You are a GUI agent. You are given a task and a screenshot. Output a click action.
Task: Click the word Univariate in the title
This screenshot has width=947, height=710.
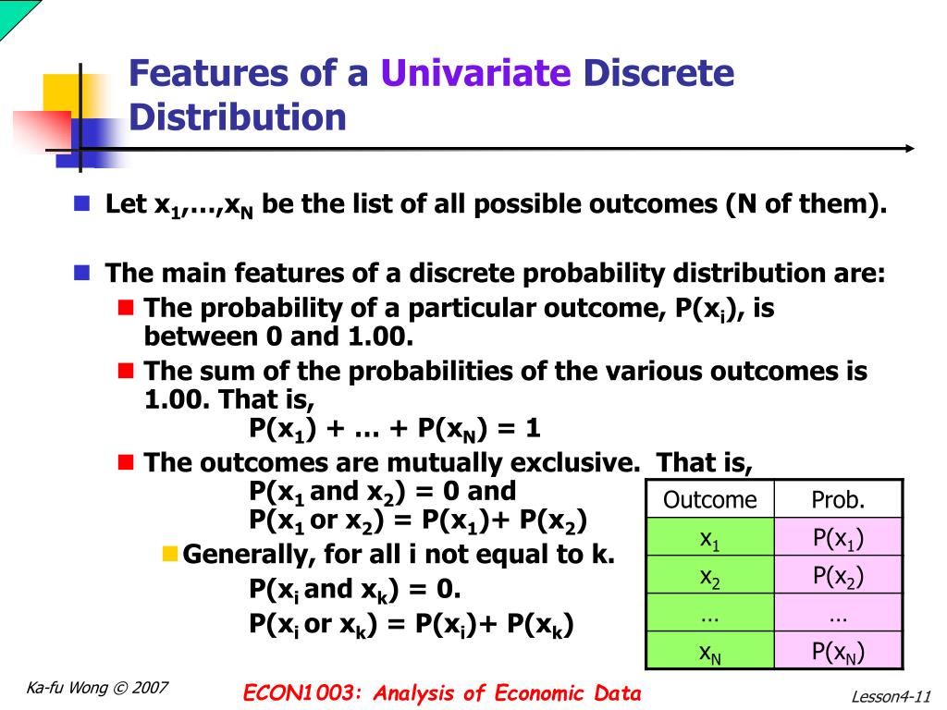476,74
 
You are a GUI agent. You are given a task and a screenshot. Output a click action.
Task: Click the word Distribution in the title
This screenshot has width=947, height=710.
237,117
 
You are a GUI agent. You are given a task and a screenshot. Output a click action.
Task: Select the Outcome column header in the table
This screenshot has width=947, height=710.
709,500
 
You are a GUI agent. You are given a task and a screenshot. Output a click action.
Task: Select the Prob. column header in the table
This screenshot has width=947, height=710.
838,500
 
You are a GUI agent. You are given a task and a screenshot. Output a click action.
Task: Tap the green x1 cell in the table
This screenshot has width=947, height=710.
709,538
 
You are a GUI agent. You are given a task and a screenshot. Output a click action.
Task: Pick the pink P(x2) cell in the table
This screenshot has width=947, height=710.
838,576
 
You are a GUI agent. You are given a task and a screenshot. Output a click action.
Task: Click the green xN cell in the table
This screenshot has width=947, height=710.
709,652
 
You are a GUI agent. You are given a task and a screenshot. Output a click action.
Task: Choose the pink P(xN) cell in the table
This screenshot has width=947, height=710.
838,652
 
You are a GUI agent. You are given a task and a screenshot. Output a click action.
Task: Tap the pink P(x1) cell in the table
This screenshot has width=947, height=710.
838,538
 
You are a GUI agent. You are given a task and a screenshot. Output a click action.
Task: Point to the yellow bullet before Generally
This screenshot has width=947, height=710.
169,554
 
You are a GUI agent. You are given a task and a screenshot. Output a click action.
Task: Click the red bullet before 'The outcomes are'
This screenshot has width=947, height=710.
127,461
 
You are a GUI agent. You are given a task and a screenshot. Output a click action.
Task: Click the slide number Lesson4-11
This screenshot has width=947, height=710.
890,696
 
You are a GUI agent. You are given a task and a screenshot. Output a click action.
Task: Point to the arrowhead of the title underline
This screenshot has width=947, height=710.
910,148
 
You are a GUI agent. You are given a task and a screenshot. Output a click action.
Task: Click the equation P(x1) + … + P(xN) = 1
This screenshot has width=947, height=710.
395,429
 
